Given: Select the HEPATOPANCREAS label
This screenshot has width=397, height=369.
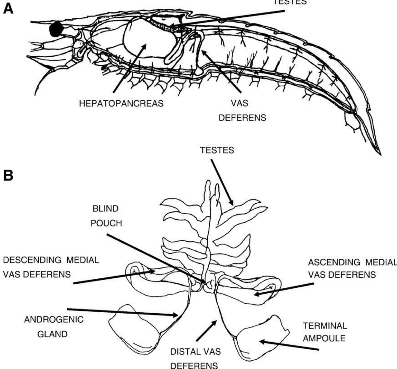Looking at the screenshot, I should click(x=121, y=104).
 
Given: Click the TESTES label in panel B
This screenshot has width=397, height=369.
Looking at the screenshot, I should click(x=217, y=150).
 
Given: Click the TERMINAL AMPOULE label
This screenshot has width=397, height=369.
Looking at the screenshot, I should click(x=325, y=332).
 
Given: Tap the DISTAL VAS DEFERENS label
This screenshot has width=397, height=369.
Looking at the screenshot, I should click(x=196, y=358).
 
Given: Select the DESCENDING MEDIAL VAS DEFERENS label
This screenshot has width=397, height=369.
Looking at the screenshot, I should click(x=51, y=267).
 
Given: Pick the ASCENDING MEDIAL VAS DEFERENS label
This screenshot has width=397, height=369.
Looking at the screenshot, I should click(x=352, y=268).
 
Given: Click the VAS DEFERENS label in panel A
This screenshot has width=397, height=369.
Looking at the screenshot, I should click(x=242, y=110).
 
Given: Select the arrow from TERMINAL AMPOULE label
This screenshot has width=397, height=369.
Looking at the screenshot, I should click(x=289, y=346).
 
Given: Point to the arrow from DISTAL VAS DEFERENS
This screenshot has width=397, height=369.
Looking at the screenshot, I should click(x=207, y=331).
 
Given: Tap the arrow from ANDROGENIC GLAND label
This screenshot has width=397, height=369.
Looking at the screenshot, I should click(x=122, y=312).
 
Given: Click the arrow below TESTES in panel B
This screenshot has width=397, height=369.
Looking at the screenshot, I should click(x=222, y=183).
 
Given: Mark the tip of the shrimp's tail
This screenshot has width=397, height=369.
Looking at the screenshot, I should click(x=380, y=155).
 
